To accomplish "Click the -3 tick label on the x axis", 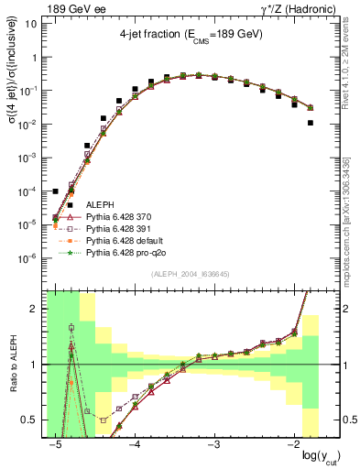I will click(x=213, y=446).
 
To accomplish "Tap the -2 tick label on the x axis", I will click(x=292, y=446).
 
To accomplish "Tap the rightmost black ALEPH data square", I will click(x=311, y=123).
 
